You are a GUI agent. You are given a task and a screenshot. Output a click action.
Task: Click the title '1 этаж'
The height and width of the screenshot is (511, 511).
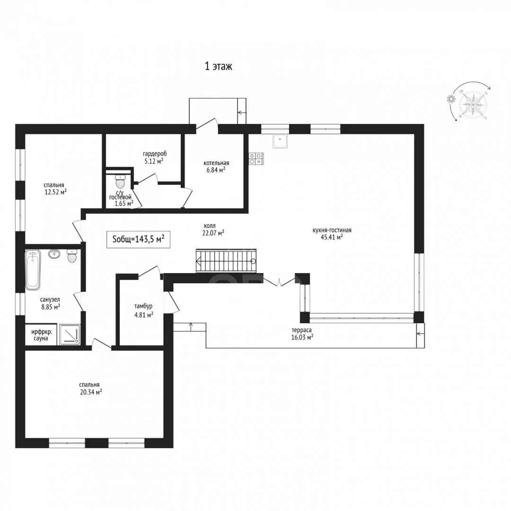[218, 66]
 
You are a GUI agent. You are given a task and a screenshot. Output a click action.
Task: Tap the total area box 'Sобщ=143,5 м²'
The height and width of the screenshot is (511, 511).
[138, 239]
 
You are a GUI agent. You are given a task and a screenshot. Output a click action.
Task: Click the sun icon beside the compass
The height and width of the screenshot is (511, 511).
[451, 99]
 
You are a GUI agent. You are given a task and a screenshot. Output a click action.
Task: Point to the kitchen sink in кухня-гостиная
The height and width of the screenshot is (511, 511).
[280, 141]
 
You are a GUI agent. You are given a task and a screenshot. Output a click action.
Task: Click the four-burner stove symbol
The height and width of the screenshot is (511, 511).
[256, 159]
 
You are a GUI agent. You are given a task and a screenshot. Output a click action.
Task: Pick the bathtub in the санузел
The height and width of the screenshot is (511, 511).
[33, 270]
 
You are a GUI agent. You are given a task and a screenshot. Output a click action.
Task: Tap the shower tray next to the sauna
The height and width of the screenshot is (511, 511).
[69, 335]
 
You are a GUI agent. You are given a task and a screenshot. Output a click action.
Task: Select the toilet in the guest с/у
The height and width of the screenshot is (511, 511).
[120, 181]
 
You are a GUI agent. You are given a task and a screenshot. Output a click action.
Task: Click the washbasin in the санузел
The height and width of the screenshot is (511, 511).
[54, 254]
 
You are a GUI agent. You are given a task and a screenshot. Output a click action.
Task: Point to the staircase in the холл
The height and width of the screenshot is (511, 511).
[226, 261]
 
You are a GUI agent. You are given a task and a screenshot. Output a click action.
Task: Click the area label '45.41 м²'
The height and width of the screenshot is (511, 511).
[332, 237]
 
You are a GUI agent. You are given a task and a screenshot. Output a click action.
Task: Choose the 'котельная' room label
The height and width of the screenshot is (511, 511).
[216, 163]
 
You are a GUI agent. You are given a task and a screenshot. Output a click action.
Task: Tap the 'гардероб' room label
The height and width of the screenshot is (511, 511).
[155, 153]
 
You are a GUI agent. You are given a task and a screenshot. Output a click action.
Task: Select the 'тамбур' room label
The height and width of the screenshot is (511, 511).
[143, 306]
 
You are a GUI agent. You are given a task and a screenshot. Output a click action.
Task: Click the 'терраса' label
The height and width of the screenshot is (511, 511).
[301, 330]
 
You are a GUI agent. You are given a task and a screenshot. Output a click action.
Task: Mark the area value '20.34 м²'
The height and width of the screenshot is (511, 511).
[91, 392]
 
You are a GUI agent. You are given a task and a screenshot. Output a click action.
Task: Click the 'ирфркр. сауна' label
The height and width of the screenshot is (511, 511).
[42, 335]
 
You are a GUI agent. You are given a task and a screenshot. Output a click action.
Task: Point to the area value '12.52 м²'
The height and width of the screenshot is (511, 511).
[55, 192]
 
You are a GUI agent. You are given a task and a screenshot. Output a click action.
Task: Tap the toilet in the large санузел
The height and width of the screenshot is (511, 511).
[72, 256]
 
